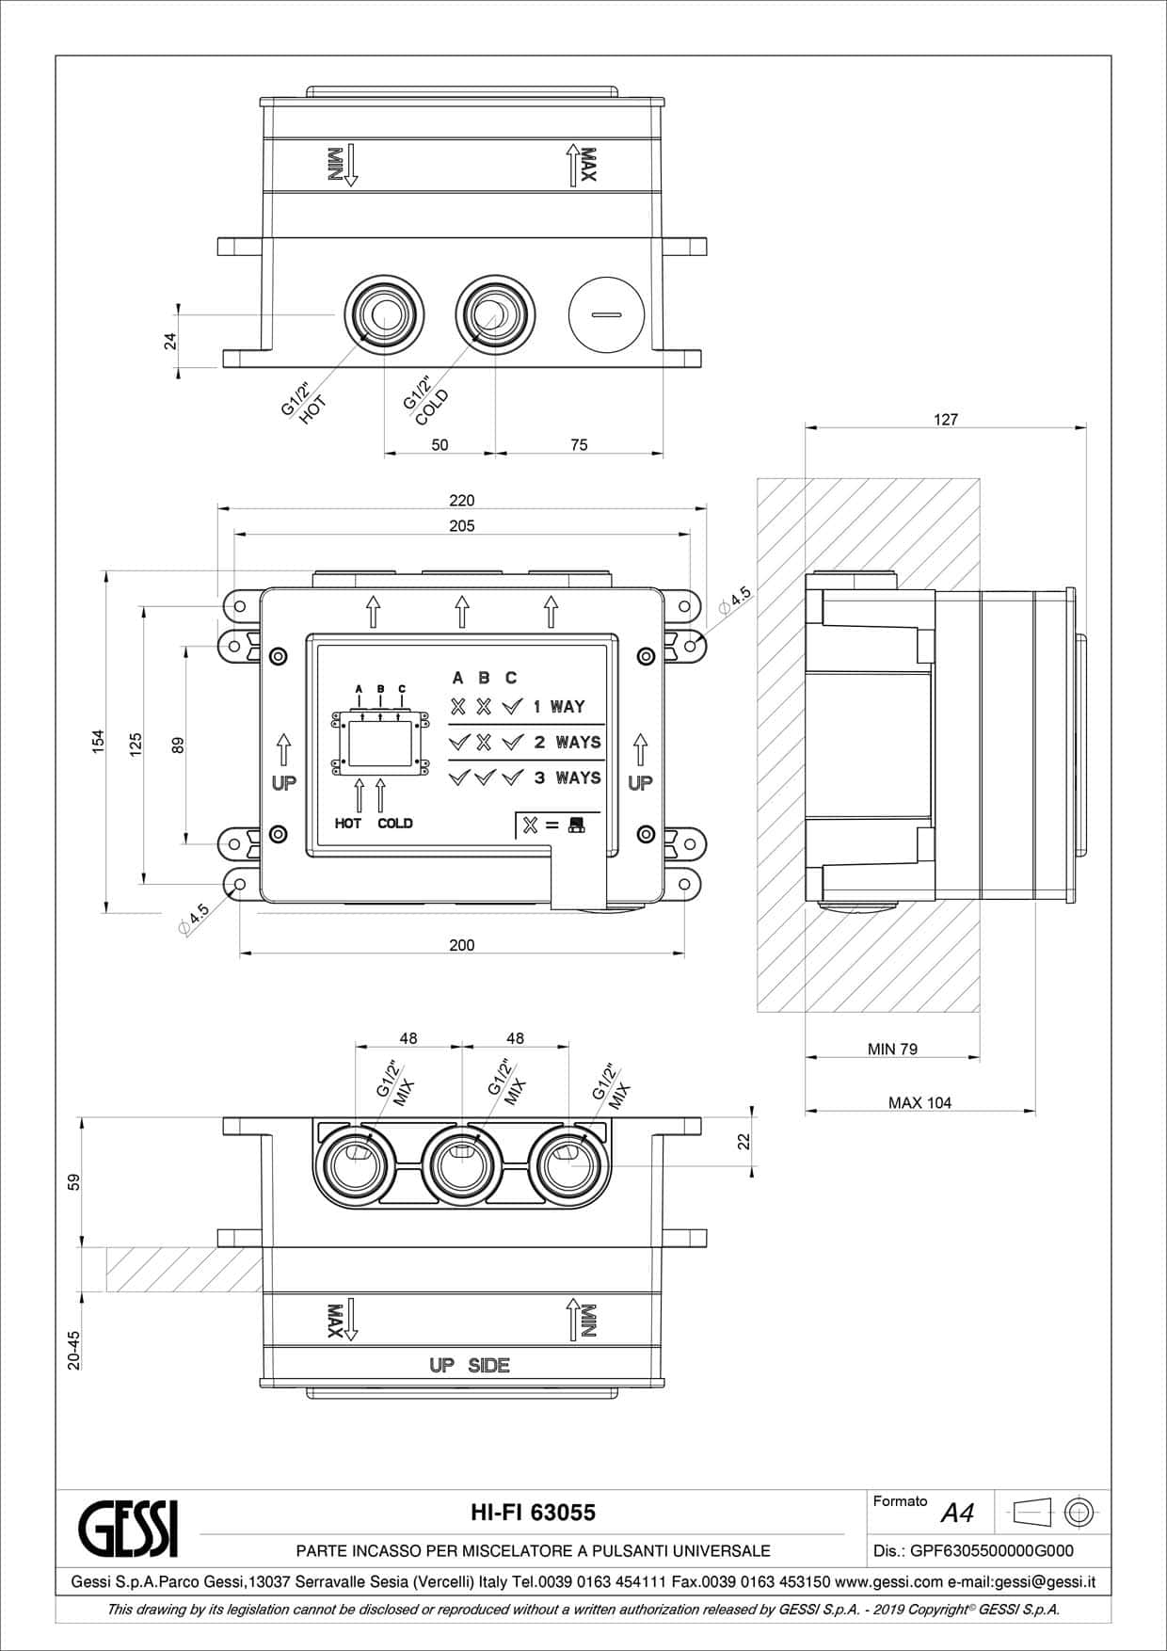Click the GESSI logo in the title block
tap(129, 1529)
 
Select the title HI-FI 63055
tap(533, 1512)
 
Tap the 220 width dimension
tap(462, 501)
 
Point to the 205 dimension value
tap(462, 526)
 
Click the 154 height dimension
tap(98, 742)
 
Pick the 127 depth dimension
tap(946, 420)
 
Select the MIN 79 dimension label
tap(892, 1049)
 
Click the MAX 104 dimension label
tap(919, 1102)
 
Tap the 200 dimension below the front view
tap(462, 945)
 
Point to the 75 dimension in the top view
tap(579, 444)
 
